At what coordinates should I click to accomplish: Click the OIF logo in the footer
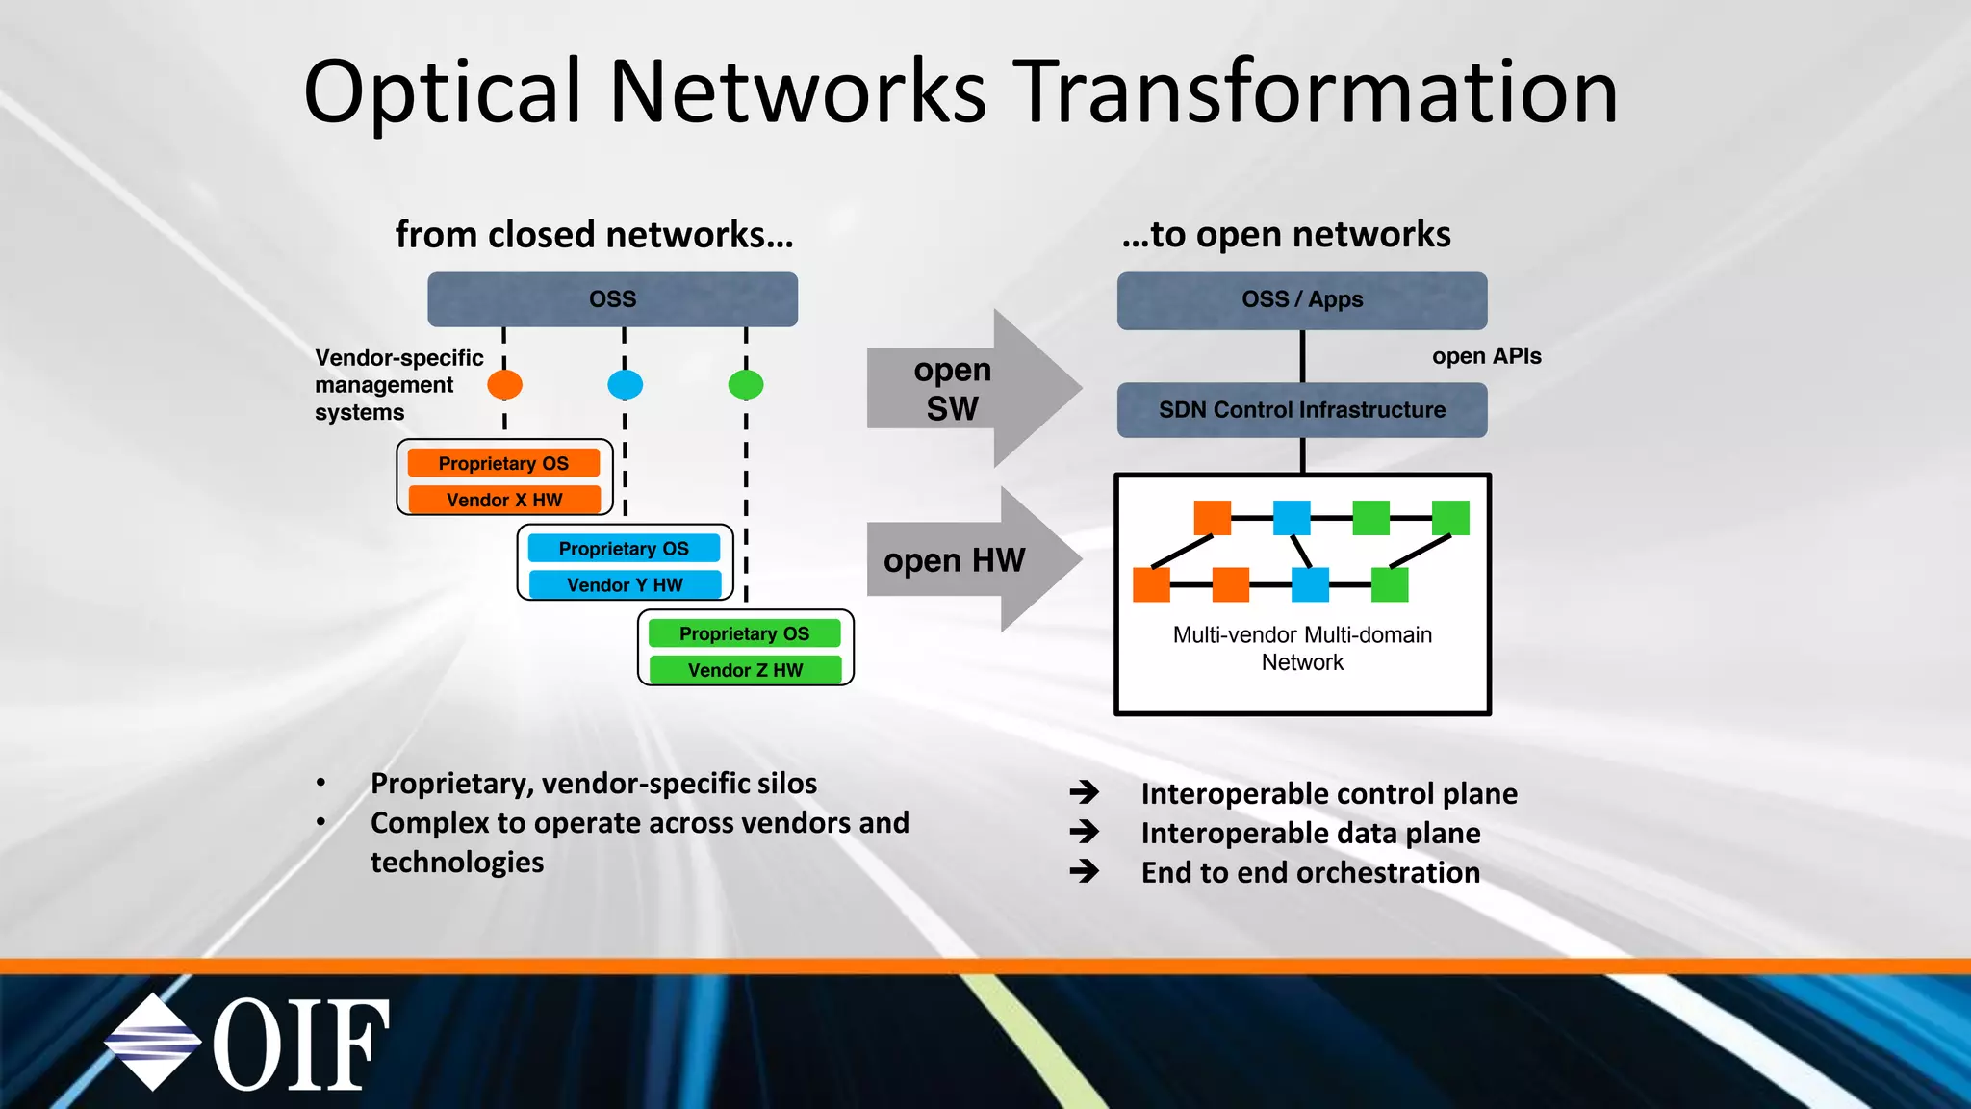(247, 1044)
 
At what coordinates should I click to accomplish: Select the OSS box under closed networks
(612, 299)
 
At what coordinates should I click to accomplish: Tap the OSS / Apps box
(1301, 300)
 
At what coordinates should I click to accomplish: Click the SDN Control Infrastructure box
(1301, 410)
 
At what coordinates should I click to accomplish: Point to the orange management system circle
(504, 385)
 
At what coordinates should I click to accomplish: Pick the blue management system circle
(625, 385)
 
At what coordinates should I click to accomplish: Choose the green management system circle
(746, 385)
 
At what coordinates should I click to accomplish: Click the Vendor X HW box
(504, 500)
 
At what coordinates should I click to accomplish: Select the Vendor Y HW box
(625, 584)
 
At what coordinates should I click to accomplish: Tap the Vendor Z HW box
(745, 670)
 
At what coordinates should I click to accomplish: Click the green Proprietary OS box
(744, 633)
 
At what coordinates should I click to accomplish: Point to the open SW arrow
(972, 389)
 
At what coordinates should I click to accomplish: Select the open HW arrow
(972, 559)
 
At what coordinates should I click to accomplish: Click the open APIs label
(1486, 356)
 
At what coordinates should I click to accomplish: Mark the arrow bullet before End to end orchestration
(1085, 871)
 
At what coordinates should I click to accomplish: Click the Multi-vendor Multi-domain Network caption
(1302, 648)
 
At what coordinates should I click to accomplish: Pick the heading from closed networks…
(594, 235)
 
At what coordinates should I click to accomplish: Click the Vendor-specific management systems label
(398, 385)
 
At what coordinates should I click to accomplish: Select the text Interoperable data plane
(1310, 833)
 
